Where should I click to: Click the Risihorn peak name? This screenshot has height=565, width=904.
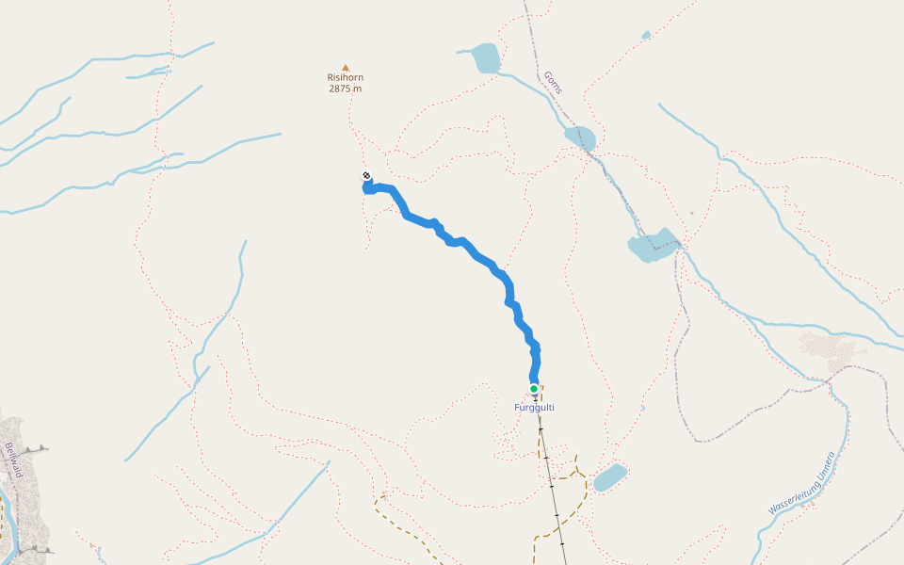[x=345, y=78]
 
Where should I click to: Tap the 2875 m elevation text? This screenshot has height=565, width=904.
[x=345, y=89]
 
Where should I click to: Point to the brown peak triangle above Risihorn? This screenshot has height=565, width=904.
[x=346, y=68]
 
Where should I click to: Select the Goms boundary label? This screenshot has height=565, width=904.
[x=553, y=83]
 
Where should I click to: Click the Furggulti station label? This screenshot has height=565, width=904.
[x=534, y=408]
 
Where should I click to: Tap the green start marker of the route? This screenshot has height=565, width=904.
[x=534, y=389]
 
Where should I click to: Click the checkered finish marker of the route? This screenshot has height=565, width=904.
[x=366, y=176]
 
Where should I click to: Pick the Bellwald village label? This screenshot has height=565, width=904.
[x=12, y=460]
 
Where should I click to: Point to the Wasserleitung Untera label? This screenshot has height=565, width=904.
[x=801, y=482]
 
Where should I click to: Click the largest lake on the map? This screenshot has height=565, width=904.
[x=653, y=247]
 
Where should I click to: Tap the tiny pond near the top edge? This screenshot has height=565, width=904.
[x=646, y=36]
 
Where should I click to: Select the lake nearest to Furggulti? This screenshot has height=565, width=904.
[x=608, y=477]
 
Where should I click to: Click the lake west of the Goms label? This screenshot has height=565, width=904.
[x=485, y=57]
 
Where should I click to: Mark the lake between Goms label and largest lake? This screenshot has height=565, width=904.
[x=580, y=137]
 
